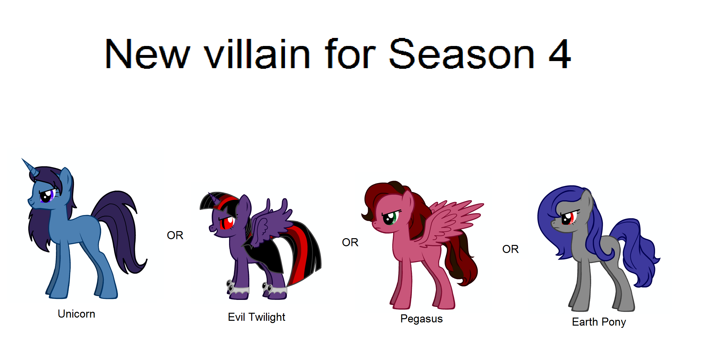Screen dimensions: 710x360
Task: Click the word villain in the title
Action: pos(257,54)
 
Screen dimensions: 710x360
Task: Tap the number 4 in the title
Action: pos(560,54)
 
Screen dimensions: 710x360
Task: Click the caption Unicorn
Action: pos(76,314)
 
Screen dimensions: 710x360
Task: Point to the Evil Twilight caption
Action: pos(256,317)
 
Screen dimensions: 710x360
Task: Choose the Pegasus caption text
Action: pos(421,319)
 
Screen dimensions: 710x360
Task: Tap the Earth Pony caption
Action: pos(599,322)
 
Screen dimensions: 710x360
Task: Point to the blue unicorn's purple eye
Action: pos(48,195)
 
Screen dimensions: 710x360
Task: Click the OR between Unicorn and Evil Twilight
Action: pos(175,235)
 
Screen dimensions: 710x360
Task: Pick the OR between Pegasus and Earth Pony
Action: pos(510,249)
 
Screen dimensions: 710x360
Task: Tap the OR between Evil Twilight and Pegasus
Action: pos(350,242)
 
